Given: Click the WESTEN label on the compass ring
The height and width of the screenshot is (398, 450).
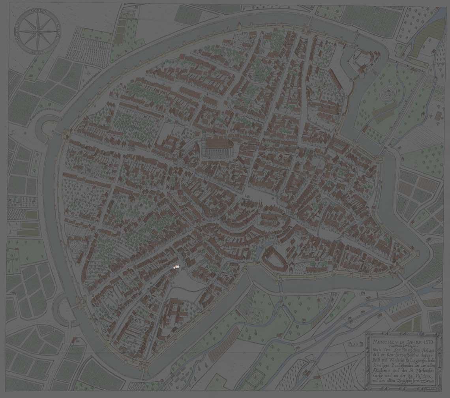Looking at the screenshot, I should click(18, 32).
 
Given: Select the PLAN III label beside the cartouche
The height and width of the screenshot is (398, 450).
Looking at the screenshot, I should click(356, 345).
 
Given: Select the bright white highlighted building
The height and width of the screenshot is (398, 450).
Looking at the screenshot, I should click(176, 267).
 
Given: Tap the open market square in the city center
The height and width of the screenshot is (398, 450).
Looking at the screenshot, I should click(253, 195).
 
